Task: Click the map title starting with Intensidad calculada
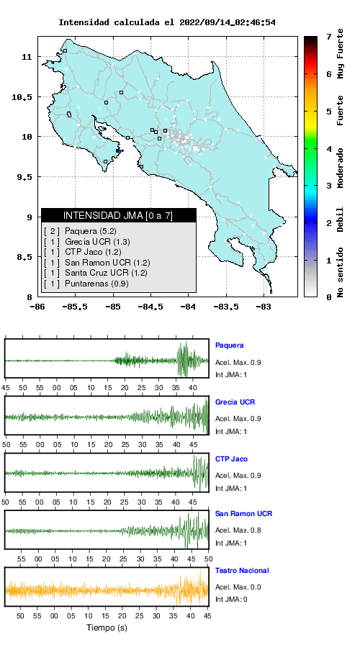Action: tap(166, 22)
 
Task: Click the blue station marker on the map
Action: tap(118, 151)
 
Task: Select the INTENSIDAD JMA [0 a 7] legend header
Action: tap(118, 215)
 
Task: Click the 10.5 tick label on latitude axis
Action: tap(22, 97)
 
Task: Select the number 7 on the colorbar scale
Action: tap(329, 37)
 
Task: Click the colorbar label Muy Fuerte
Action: tap(341, 53)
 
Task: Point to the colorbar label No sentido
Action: tap(341, 272)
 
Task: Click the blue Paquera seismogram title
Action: tap(229, 345)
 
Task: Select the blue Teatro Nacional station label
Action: tap(242, 570)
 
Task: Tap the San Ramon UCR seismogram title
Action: tap(243, 513)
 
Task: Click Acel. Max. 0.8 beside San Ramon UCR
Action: tap(238, 530)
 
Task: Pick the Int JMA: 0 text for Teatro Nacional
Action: tap(231, 600)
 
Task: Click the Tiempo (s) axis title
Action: tap(107, 627)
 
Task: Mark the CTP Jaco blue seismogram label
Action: tap(231, 459)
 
